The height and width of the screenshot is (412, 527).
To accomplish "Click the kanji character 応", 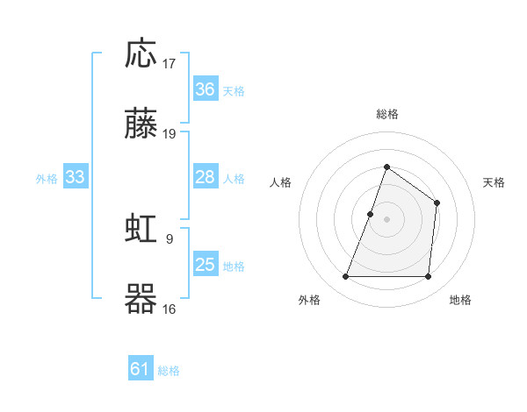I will pos(141,54).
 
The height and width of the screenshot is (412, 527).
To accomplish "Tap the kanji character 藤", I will pos(141,125).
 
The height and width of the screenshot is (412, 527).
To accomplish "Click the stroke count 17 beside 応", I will pos(170,63).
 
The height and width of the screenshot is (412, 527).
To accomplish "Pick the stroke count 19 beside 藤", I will pos(170,134).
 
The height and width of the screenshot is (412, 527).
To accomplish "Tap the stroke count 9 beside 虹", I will pos(169,237).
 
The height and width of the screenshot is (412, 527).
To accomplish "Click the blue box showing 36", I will pos(206,89).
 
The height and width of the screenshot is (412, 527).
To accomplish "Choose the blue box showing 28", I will pos(206,177).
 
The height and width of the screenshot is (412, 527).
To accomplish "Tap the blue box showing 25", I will pos(206,265).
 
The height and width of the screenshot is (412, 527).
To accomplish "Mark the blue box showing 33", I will pos(76,177).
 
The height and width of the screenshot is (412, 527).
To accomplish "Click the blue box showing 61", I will pos(141,369).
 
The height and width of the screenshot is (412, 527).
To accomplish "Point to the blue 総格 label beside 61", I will pos(169,371).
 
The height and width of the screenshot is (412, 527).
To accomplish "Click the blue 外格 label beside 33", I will pos(47,179).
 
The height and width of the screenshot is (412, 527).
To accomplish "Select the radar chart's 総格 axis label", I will pos(386,114).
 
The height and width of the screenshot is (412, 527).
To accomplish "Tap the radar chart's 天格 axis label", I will pos(494,182).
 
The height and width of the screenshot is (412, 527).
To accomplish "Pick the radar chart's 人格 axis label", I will pos(280,182).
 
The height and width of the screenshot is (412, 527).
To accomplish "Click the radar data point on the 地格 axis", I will pos(429,277).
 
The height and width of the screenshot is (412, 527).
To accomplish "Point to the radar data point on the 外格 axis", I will pos(345,277).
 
